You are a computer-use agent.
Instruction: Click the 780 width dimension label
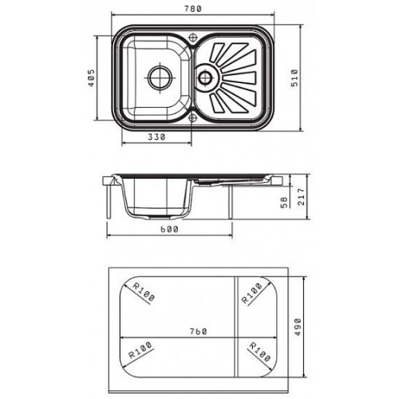193,9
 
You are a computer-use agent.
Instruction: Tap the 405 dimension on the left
91,78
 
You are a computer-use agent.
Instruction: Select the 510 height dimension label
294,78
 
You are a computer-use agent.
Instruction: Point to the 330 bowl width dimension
156,136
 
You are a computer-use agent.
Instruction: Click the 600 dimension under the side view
169,229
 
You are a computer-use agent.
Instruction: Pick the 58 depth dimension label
284,203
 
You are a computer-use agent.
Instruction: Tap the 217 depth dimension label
301,196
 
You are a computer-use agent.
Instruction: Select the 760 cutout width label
199,331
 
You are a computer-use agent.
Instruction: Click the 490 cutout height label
298,327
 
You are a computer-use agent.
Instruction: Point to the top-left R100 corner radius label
144,292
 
